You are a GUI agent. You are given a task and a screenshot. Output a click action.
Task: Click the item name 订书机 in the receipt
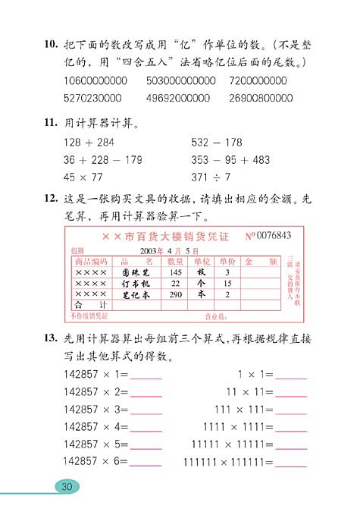click(136, 283)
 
